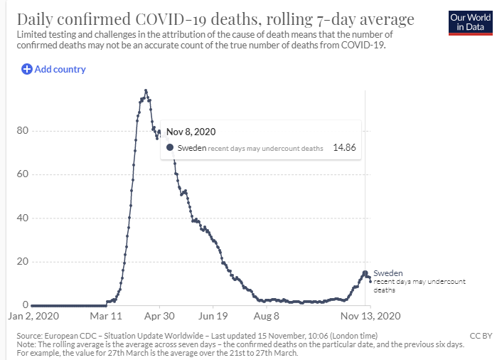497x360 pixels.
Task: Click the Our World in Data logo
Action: (x=471, y=23)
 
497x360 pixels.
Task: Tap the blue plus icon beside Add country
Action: (x=26, y=69)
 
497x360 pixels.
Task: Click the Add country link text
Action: (x=60, y=69)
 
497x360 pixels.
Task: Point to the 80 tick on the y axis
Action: (x=23, y=130)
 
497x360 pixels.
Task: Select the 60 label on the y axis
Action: (x=23, y=174)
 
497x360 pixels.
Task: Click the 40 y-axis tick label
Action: (x=23, y=218)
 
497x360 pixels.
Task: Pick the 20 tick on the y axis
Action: (x=23, y=261)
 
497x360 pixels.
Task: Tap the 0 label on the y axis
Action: (x=26, y=305)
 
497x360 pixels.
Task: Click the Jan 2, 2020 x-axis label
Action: (x=33, y=316)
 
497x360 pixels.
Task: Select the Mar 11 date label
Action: (x=106, y=316)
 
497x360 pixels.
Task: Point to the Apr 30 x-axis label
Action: (x=159, y=316)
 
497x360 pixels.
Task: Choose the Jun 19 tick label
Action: (x=213, y=316)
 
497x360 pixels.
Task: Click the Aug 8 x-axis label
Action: (x=266, y=316)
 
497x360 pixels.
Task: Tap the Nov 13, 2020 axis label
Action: (x=370, y=316)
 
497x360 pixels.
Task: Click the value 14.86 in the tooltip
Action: (x=344, y=147)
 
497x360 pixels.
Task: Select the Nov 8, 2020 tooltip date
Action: (x=191, y=132)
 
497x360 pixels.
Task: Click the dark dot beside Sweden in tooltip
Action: (x=170, y=147)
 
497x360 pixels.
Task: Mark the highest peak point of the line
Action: (x=146, y=90)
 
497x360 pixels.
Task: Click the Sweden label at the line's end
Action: (x=388, y=273)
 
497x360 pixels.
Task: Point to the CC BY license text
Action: (x=481, y=336)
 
